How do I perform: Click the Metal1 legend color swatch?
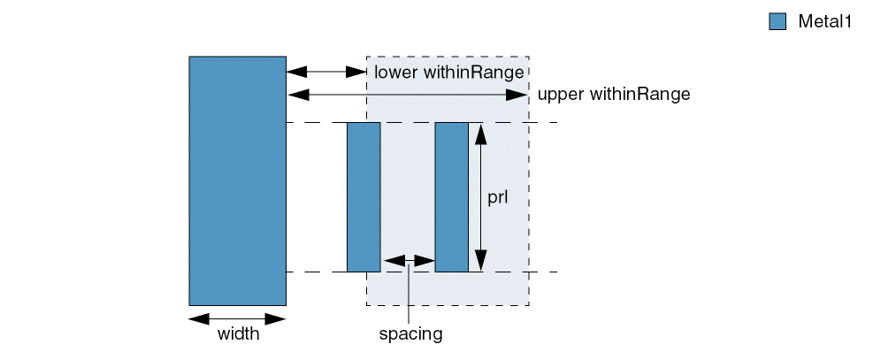(x=777, y=22)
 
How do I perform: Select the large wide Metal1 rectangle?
(x=237, y=180)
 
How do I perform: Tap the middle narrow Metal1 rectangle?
(x=364, y=197)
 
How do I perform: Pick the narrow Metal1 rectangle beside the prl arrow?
(x=451, y=197)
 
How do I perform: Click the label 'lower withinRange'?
(x=449, y=71)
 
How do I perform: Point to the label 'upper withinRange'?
(x=613, y=93)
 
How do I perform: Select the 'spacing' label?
(x=410, y=334)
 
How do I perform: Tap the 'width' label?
(x=239, y=334)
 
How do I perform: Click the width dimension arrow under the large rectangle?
(x=237, y=318)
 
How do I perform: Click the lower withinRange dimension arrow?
(x=326, y=70)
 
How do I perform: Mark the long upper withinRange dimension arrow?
(x=407, y=93)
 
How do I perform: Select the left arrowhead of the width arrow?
(x=200, y=318)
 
